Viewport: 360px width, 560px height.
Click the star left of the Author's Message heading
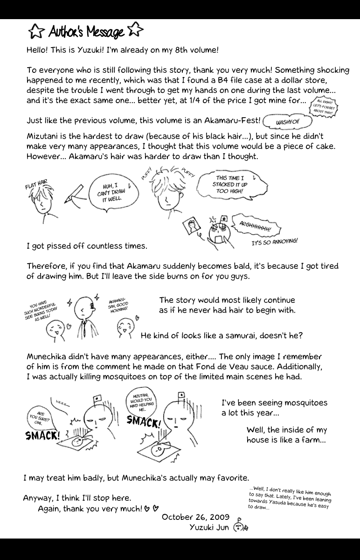[x=35, y=32]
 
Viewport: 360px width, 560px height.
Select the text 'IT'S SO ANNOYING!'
[x=274, y=242]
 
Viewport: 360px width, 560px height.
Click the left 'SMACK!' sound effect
[x=42, y=436]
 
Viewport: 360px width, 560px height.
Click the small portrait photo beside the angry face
[x=191, y=227]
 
